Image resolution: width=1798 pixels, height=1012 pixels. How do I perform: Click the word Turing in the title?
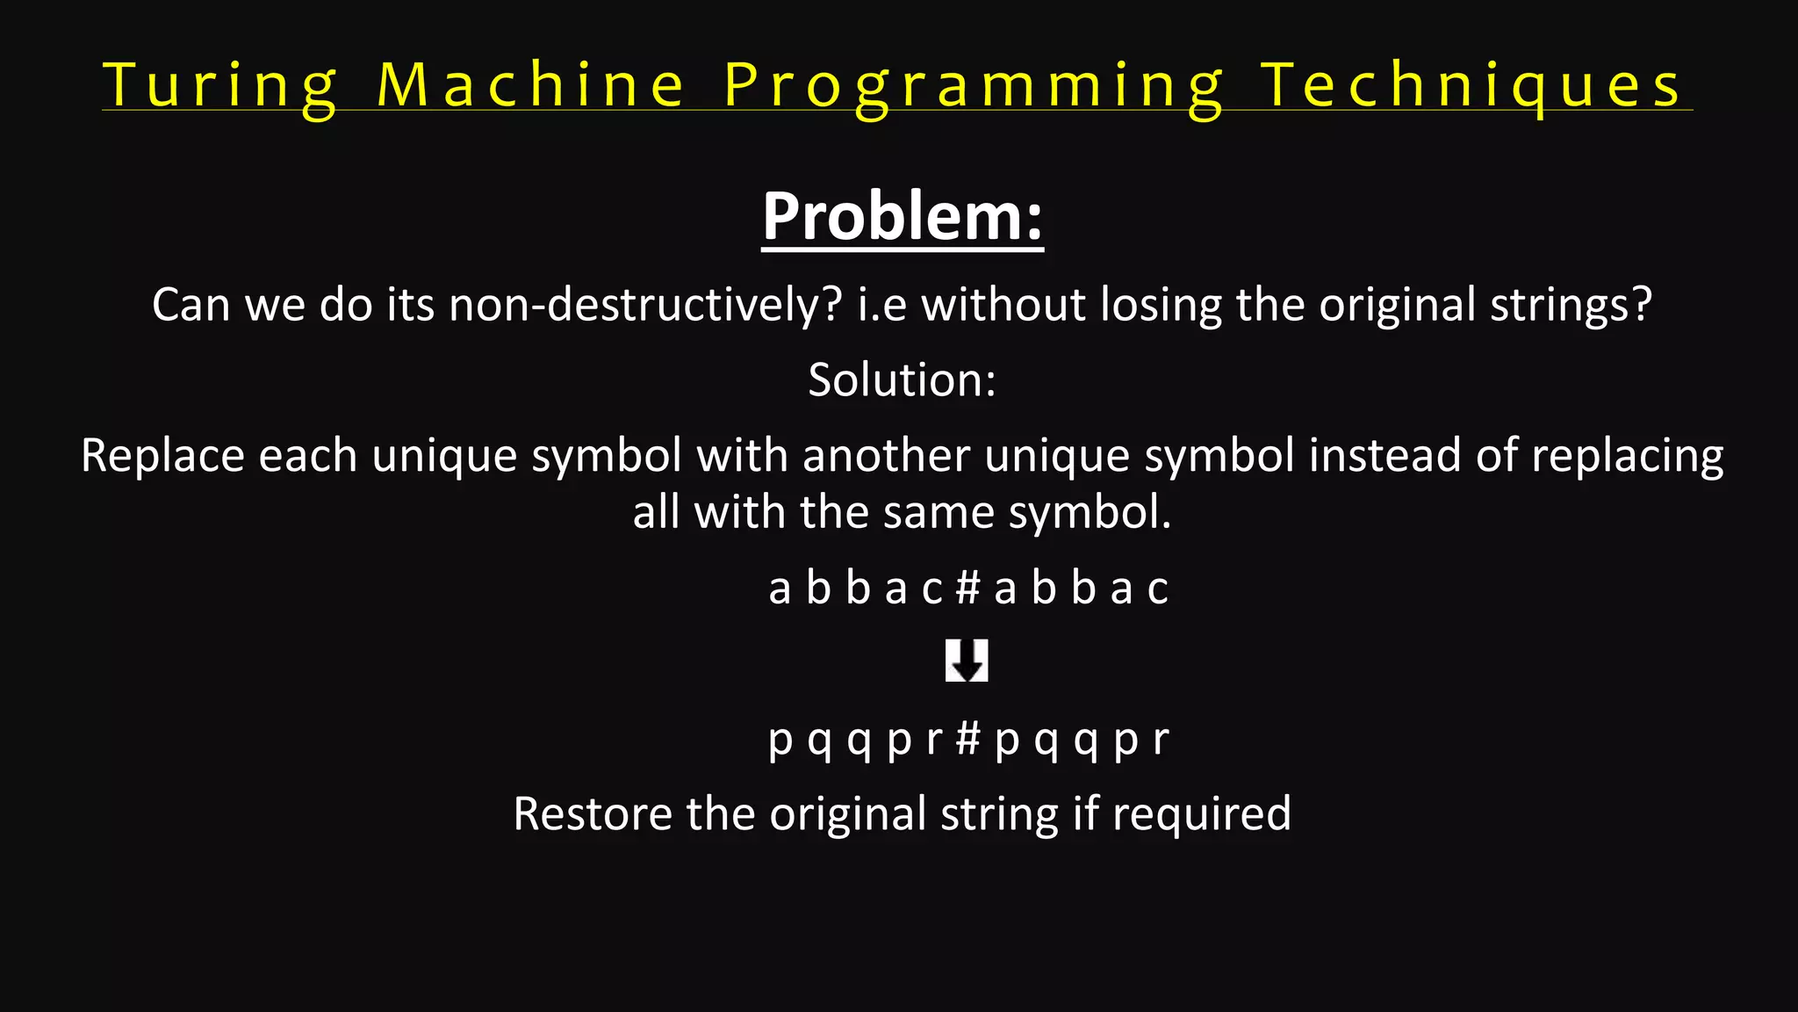pyautogui.click(x=219, y=86)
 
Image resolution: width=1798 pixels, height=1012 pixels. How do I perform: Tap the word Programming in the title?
pyautogui.click(x=973, y=86)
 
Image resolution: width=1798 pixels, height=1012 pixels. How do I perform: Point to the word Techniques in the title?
pyautogui.click(x=1471, y=86)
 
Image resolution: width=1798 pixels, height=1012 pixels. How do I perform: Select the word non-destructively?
pyautogui.click(x=645, y=305)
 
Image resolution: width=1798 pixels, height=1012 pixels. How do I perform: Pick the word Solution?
pyautogui.click(x=903, y=379)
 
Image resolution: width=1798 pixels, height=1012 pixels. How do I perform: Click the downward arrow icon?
pyautogui.click(x=967, y=661)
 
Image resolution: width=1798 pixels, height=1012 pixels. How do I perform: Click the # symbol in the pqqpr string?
pyautogui.click(x=967, y=738)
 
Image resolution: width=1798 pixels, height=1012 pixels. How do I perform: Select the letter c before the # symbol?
pyautogui.click(x=932, y=589)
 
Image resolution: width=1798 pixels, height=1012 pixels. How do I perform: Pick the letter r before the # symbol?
pyautogui.click(x=934, y=740)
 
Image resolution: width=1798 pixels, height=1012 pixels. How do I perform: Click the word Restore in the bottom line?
pyautogui.click(x=593, y=813)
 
